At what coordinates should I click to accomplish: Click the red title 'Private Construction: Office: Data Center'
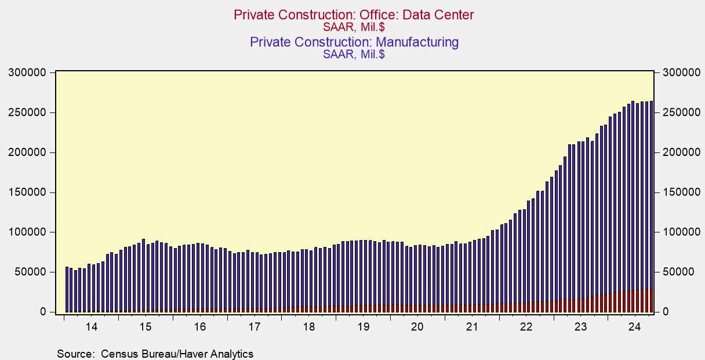tap(354, 14)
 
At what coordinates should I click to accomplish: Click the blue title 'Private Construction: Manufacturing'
tap(354, 42)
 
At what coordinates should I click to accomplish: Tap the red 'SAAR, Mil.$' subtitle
tap(354, 26)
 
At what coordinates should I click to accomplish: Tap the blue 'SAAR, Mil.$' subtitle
tap(354, 54)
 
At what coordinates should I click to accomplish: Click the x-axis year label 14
tap(91, 327)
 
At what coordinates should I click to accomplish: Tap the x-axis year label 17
tap(254, 327)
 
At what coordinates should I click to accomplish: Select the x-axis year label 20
tap(417, 327)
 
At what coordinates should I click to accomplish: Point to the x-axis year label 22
tap(526, 327)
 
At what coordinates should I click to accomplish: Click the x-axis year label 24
tap(634, 327)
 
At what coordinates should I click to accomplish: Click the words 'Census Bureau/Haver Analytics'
tap(177, 354)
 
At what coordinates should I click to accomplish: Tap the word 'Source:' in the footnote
tap(75, 354)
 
